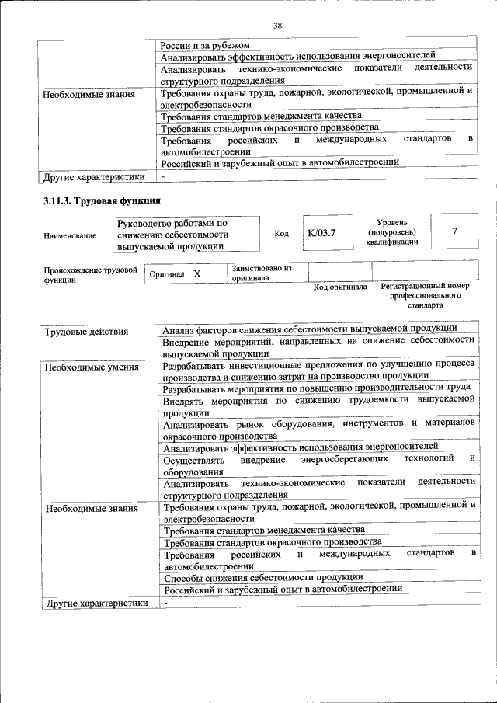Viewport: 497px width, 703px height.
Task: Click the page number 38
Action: (277, 26)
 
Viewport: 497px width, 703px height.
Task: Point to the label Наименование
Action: (70, 235)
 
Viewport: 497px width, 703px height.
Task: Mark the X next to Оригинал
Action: (196, 274)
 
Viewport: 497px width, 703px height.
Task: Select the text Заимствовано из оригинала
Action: (261, 272)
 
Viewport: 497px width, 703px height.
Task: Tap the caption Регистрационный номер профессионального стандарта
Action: (425, 296)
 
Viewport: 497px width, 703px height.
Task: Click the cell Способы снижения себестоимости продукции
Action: (263, 577)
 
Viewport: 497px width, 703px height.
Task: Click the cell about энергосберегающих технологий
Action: (318, 465)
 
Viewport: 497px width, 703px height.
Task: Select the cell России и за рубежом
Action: (205, 45)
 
